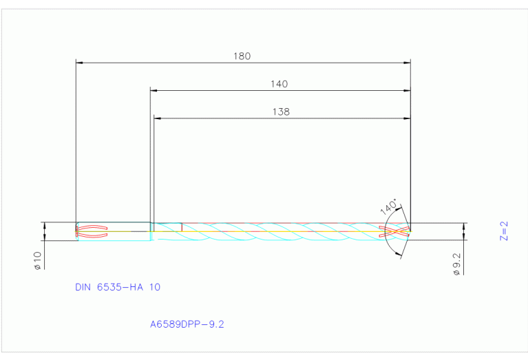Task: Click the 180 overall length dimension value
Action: click(242, 56)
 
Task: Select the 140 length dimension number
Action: click(279, 84)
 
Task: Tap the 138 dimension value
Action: click(281, 112)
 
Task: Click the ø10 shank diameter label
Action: click(38, 260)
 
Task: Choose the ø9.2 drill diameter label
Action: click(457, 264)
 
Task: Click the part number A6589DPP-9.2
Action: click(187, 323)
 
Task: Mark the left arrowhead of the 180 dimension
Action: click(78, 63)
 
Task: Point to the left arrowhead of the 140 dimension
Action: click(154, 90)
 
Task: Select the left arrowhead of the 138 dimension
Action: click(157, 118)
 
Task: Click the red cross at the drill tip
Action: click(397, 231)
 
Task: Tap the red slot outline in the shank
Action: click(93, 231)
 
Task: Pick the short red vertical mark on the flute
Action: click(182, 226)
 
